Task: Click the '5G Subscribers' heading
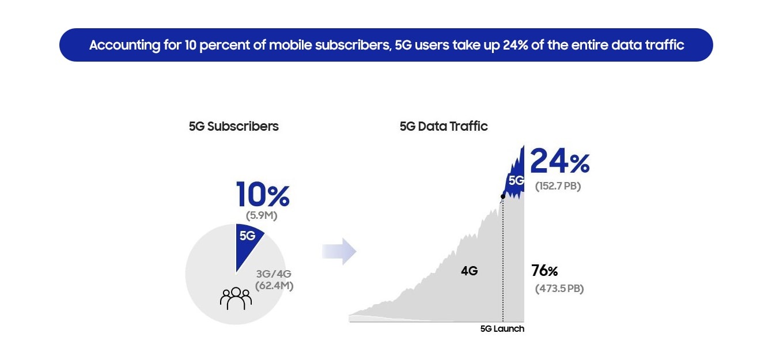[234, 126]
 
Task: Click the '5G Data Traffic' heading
[444, 126]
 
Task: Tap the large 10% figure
[263, 194]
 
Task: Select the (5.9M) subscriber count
[262, 215]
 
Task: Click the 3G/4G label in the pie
[274, 274]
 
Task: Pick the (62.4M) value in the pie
[274, 286]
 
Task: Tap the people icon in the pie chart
[236, 298]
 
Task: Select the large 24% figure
[560, 161]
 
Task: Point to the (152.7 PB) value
[558, 186]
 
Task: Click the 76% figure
[544, 271]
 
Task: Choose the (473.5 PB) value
[559, 289]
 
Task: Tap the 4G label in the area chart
[470, 271]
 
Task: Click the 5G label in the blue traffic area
[516, 180]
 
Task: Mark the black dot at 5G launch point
[503, 196]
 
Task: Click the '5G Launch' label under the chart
[502, 329]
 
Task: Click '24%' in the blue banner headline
[516, 45]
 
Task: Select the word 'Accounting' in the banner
[125, 46]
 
